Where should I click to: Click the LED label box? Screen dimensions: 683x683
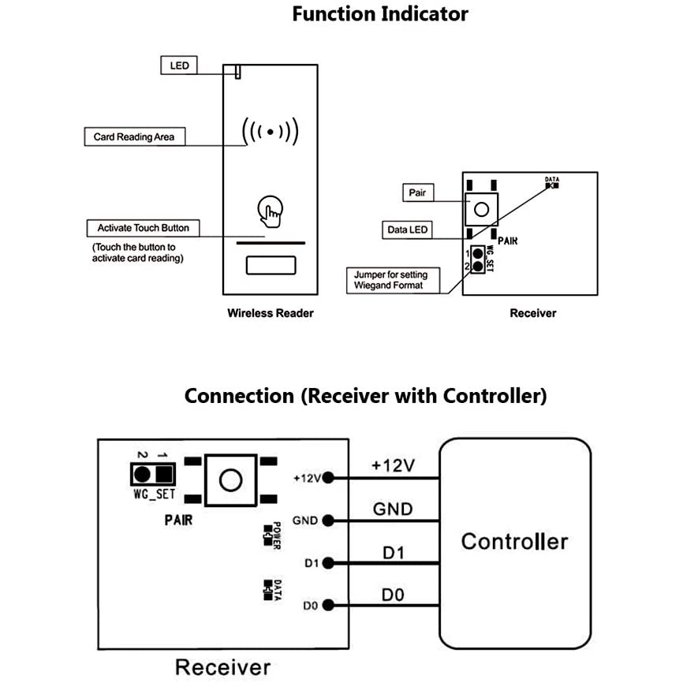180,65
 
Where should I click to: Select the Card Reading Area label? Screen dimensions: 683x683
134,136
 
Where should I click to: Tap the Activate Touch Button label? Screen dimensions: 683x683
143,228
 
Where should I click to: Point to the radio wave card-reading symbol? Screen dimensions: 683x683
271,131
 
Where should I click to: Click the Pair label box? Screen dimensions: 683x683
416,192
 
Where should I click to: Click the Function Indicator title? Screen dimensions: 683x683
379,14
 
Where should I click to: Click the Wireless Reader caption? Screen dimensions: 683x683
271,313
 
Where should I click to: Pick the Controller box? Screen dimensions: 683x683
514,542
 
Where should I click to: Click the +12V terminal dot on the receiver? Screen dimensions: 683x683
327,477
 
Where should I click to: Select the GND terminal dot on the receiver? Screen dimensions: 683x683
327,521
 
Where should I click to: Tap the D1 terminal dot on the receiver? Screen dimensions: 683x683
327,563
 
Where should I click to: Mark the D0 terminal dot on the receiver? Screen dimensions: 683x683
327,606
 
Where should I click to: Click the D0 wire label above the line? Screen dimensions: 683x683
393,595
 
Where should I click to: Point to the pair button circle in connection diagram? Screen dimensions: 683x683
230,480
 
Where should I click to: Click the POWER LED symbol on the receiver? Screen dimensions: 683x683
269,538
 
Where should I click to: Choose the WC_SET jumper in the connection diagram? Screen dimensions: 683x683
153,474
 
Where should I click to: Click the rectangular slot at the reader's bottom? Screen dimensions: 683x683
271,264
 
